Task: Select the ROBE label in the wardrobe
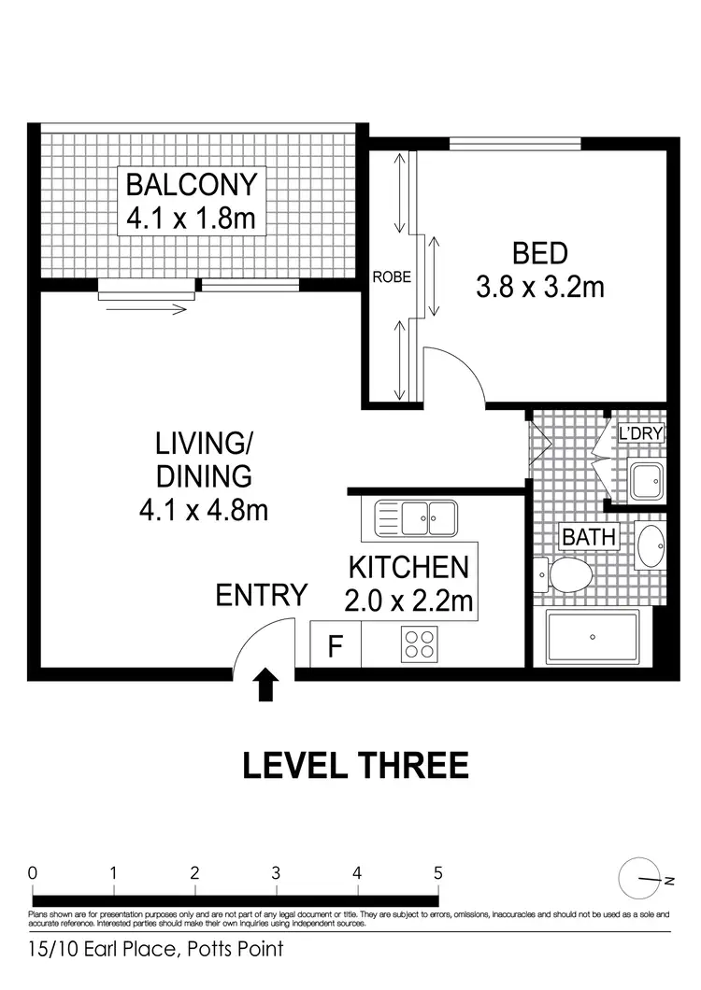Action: [392, 277]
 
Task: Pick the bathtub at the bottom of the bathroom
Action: [593, 637]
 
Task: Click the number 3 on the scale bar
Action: [277, 873]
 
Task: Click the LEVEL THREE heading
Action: [355, 767]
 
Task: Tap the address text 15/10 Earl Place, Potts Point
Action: [155, 951]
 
